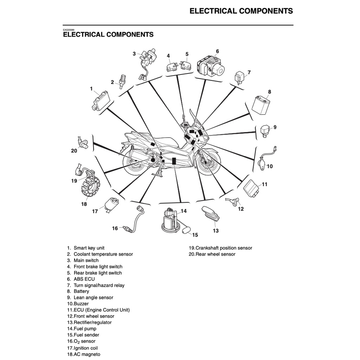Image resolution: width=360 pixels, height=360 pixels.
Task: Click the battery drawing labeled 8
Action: (x=263, y=105)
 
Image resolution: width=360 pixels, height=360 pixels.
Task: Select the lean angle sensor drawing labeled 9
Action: (x=266, y=130)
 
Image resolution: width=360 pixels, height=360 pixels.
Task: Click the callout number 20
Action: (x=74, y=151)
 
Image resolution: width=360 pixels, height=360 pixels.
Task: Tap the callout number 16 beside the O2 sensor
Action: (x=115, y=229)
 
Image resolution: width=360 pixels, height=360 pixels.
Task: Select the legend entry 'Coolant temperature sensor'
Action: (x=103, y=254)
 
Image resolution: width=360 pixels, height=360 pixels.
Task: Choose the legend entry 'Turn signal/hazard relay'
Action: (x=99, y=285)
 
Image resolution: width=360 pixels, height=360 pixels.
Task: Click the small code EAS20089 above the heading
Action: (x=69, y=30)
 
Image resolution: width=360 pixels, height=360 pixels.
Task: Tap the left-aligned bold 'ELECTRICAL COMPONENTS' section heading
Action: (x=108, y=34)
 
